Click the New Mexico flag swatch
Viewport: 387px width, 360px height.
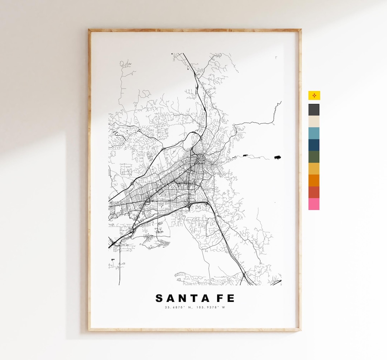pyautogui.click(x=314, y=95)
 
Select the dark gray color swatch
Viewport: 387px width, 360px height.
pyautogui.click(x=314, y=110)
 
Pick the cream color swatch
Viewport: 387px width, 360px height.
pyautogui.click(x=314, y=121)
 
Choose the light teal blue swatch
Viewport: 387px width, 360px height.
pyautogui.click(x=314, y=133)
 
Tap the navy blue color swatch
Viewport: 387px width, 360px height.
pyautogui.click(x=314, y=145)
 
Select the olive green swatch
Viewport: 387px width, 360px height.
pyautogui.click(x=314, y=157)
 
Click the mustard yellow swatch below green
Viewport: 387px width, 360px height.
pyautogui.click(x=314, y=169)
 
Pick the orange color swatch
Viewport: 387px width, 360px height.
pyautogui.click(x=314, y=180)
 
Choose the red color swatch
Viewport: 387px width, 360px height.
pyautogui.click(x=314, y=192)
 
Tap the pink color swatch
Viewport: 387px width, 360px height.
pyautogui.click(x=314, y=204)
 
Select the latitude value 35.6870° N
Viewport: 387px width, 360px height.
pyautogui.click(x=178, y=307)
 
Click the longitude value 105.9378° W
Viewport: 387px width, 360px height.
pyautogui.click(x=211, y=307)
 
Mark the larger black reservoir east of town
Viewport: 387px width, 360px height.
pyautogui.click(x=277, y=157)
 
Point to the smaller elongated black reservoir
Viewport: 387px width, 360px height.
pyautogui.click(x=246, y=155)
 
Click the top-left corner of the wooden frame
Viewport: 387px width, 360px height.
pyautogui.click(x=90, y=30)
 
